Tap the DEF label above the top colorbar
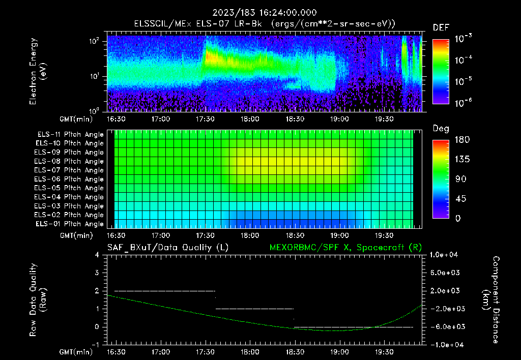click(440, 27)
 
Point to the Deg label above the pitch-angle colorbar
click(440, 129)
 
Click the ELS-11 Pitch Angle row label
click(70, 134)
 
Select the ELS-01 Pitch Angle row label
click(70, 224)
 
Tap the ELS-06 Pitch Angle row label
click(70, 179)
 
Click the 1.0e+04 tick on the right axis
click(446, 255)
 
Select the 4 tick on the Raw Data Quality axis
click(97, 255)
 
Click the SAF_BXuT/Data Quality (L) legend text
click(167, 247)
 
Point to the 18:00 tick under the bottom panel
click(249, 351)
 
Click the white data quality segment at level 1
click(254, 309)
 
